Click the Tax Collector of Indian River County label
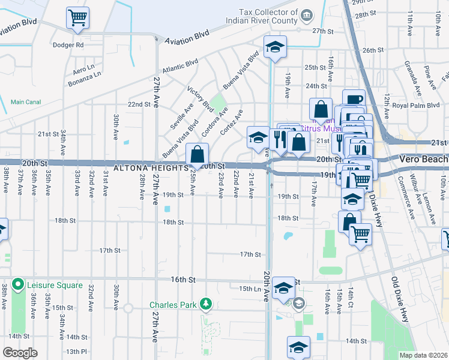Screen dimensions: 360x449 click(x=261, y=16)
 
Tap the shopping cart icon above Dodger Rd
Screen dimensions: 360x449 click(x=77, y=18)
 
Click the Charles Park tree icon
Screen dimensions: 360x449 click(x=206, y=304)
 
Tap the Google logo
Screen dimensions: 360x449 click(x=20, y=352)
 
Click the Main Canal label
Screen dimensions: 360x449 click(x=25, y=102)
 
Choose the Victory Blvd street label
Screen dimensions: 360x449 click(x=200, y=100)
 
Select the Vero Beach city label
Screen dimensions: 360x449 click(x=423, y=159)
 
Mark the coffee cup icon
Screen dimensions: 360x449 click(x=354, y=100)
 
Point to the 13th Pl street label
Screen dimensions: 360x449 click(x=76, y=351)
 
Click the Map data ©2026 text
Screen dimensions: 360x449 click(x=423, y=355)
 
